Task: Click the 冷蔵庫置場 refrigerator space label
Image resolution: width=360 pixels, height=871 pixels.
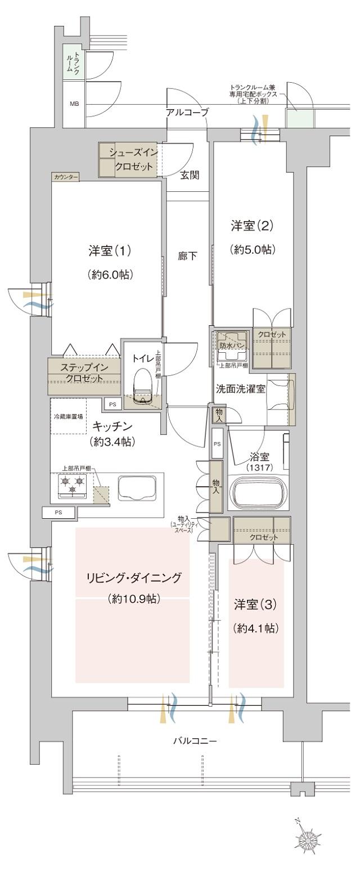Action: pos(68,416)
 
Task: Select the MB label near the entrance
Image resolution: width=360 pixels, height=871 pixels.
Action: pos(74,104)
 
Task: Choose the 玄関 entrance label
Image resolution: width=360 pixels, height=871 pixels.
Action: pos(189,174)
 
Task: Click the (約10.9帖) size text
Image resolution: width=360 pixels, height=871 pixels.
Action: pos(134,599)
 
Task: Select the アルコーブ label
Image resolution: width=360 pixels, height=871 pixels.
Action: pos(187,113)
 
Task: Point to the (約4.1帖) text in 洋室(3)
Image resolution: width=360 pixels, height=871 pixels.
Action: pos(256,628)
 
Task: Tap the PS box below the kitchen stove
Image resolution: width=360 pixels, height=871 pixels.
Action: pos(58,513)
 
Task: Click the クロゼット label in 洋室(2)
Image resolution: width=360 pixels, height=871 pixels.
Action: pos(272,334)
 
